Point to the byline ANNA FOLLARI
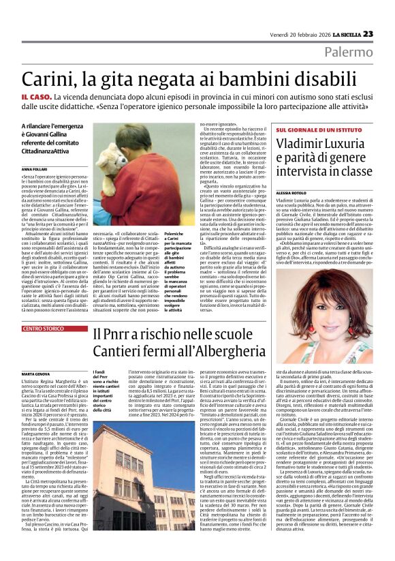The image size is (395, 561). tap(35, 168)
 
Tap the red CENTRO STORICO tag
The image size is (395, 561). tap(44, 329)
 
